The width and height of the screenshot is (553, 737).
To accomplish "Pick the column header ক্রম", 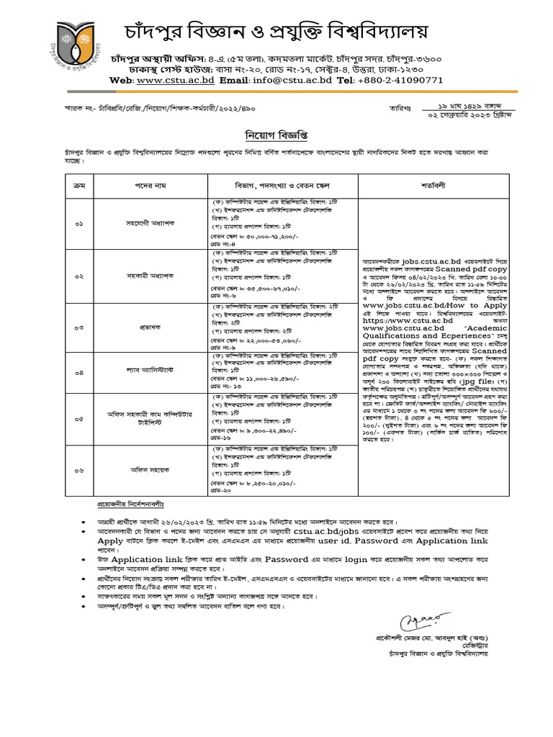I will (x=79, y=186).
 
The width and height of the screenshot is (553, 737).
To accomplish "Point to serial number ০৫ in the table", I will (x=79, y=419).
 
